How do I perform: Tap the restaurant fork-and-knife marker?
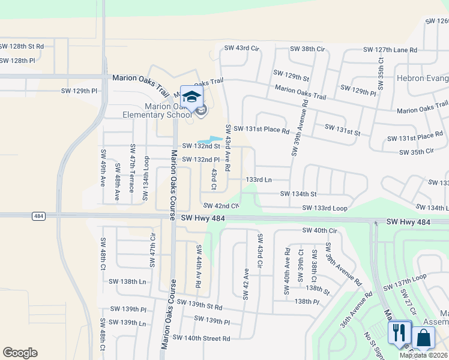point(399,333)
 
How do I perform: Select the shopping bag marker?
point(423,338)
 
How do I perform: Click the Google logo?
point(20,353)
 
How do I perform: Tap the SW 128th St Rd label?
point(22,46)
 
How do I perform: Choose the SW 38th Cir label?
point(307,49)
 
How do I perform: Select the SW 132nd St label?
point(201,146)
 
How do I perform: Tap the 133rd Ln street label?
point(259,179)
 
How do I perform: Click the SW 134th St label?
point(298,194)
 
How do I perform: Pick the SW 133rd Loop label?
point(325,208)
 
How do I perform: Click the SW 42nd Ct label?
point(221,205)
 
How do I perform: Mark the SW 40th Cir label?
point(320,230)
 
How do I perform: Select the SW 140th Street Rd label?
point(201,338)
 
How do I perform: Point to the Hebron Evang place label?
point(422,78)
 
